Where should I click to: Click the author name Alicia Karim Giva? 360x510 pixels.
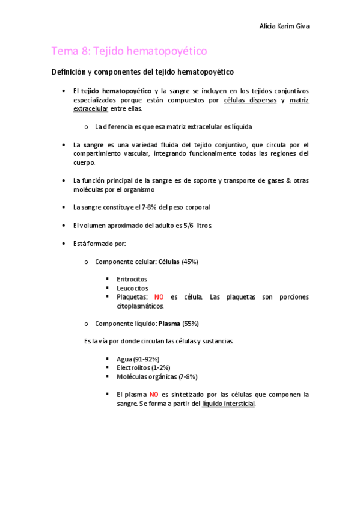[285, 26]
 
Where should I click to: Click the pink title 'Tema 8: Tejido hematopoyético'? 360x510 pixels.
[130, 52]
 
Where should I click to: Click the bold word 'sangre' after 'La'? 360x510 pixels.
[94, 145]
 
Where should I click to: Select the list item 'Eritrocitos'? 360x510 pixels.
[132, 280]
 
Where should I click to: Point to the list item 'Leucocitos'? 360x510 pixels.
[132, 288]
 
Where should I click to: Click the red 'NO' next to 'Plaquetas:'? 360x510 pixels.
[159, 297]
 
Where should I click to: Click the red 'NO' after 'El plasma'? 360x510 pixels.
[154, 395]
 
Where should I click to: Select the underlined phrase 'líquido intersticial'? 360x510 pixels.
[228, 404]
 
